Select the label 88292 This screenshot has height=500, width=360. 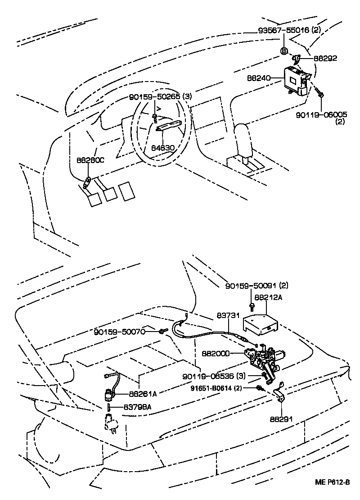pyautogui.click(x=325, y=58)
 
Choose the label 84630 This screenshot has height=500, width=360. pyautogui.click(x=163, y=147)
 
